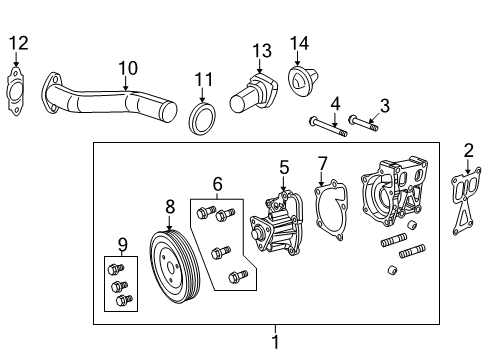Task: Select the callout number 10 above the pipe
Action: click(x=127, y=67)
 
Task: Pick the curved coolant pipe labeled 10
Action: click(x=110, y=105)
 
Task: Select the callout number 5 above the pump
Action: click(x=284, y=167)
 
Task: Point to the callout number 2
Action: click(x=468, y=150)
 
